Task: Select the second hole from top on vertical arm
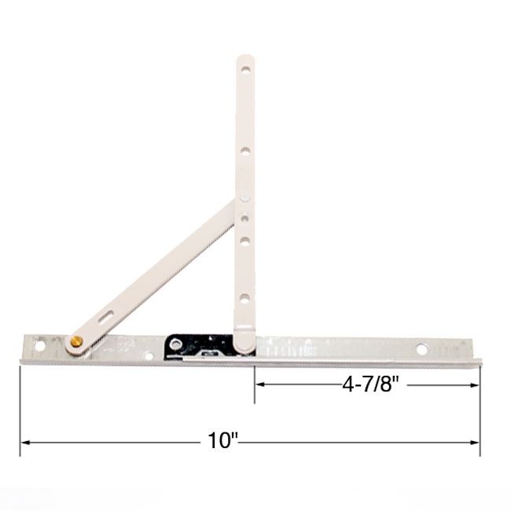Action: (x=246, y=149)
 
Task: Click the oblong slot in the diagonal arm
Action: (x=107, y=317)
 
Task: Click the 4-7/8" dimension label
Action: (x=366, y=384)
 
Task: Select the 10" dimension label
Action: (x=223, y=443)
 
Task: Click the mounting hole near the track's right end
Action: (x=422, y=347)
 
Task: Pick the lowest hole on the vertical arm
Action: (x=245, y=298)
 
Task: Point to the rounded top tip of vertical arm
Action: (x=245, y=58)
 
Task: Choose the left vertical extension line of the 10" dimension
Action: (x=20, y=409)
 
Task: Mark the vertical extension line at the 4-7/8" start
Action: (x=254, y=385)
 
